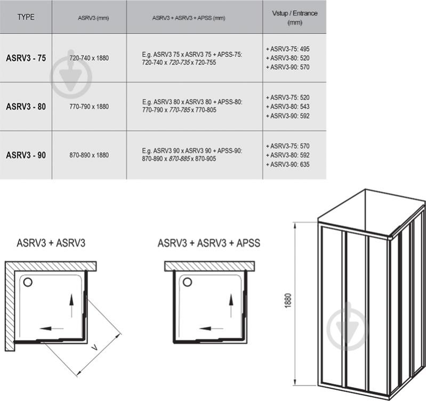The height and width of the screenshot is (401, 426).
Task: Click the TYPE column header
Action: click(x=26, y=17)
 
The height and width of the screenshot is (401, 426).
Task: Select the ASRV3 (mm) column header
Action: click(x=93, y=18)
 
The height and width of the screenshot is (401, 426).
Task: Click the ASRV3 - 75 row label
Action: click(x=26, y=58)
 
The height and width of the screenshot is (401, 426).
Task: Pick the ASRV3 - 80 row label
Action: click(x=26, y=107)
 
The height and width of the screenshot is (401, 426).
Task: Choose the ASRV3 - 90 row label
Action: click(x=26, y=155)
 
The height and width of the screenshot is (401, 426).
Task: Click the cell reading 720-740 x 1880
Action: click(x=89, y=58)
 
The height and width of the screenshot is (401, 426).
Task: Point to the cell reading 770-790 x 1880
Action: click(x=89, y=107)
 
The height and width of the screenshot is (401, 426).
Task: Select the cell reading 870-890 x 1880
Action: click(x=89, y=155)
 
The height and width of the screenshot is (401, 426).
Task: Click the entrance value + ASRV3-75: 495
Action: click(x=288, y=49)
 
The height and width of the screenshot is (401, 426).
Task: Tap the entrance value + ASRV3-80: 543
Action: click(x=288, y=107)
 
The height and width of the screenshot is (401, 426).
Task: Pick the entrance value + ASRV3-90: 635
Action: click(x=288, y=165)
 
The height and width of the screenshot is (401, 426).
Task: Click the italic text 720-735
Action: click(x=179, y=63)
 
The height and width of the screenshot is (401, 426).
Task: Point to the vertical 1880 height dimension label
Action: click(x=288, y=300)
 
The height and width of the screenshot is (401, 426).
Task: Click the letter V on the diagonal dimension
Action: click(x=94, y=347)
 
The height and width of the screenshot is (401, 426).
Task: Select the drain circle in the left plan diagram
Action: click(x=28, y=282)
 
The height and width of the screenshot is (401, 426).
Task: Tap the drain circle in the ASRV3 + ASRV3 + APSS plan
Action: click(x=187, y=282)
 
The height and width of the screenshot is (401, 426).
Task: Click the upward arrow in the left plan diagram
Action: click(x=71, y=306)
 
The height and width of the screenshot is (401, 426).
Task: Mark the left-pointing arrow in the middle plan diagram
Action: click(x=211, y=329)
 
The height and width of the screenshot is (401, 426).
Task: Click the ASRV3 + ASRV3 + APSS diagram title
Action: click(x=209, y=243)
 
